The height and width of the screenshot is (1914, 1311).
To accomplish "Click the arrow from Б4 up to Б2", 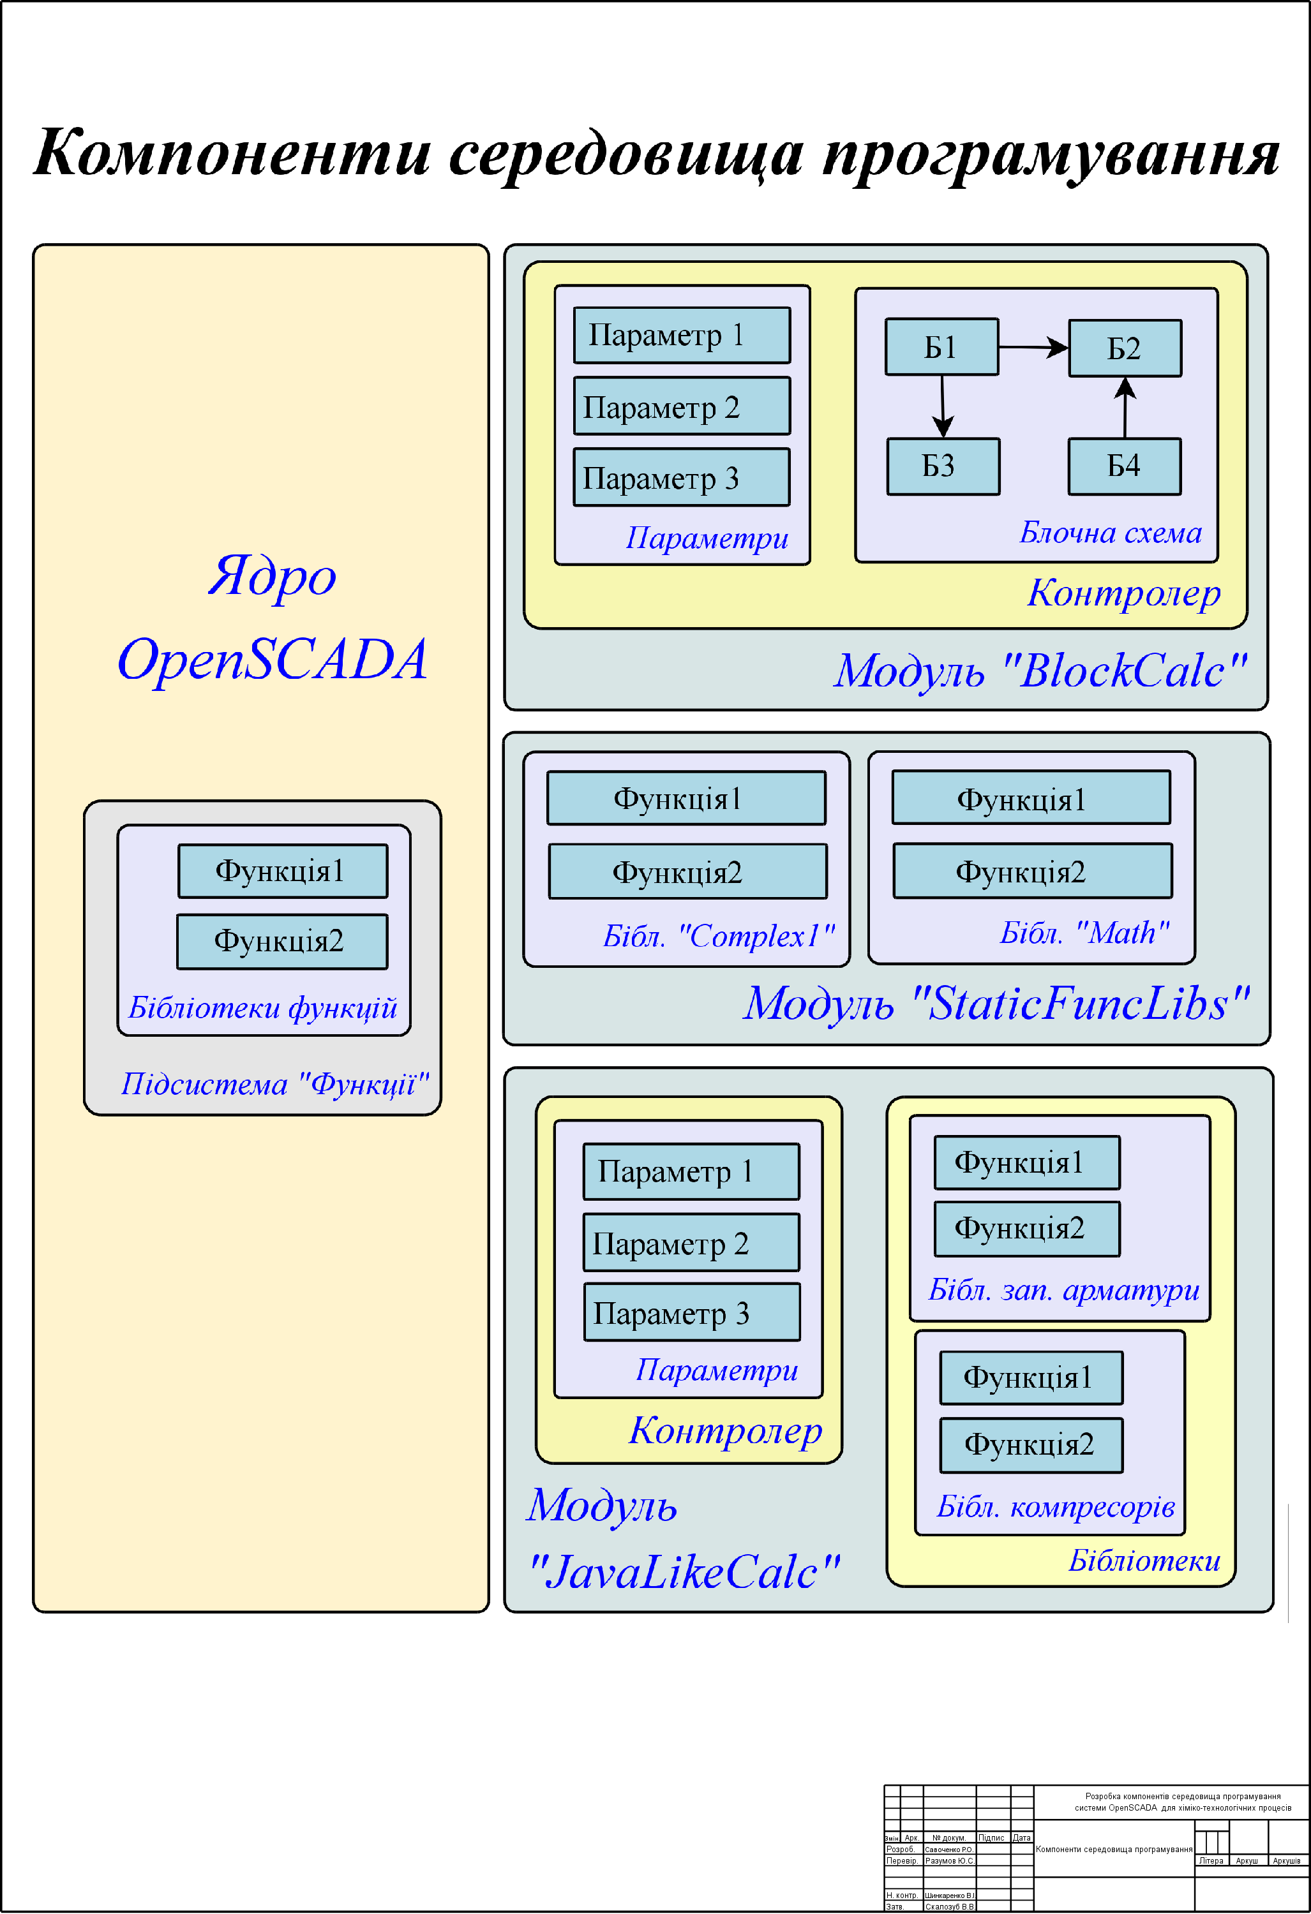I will tap(1125, 407).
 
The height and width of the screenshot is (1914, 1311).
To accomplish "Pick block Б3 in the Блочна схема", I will tap(943, 466).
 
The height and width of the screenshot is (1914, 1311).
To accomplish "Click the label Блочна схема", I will tap(1110, 533).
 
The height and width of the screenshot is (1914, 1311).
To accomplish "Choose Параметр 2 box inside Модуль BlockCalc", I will tap(682, 406).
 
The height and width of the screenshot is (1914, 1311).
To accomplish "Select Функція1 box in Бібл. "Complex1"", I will tap(685, 798).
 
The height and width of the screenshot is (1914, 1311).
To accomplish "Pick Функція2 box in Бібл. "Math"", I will tap(1031, 870).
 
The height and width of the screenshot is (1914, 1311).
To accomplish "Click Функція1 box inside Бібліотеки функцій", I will tap(282, 870).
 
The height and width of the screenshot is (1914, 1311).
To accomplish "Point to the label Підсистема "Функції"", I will tap(274, 1085).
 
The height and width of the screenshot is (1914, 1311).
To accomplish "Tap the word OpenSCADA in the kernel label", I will tap(273, 660).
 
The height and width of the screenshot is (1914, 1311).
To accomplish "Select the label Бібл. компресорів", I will tap(1056, 1506).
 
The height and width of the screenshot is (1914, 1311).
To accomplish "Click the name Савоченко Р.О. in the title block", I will tap(948, 1850).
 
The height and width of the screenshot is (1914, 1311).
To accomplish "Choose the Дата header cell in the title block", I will tap(1022, 1838).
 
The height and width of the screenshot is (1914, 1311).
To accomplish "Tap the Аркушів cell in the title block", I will tap(1286, 1861).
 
